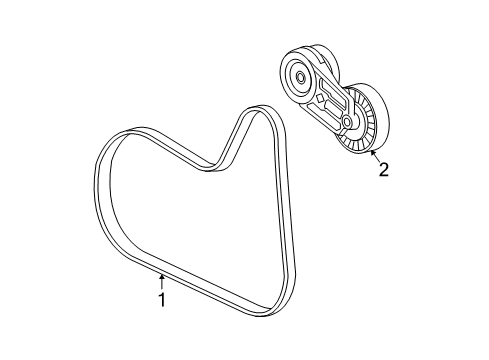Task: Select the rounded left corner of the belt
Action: click(105, 150)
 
